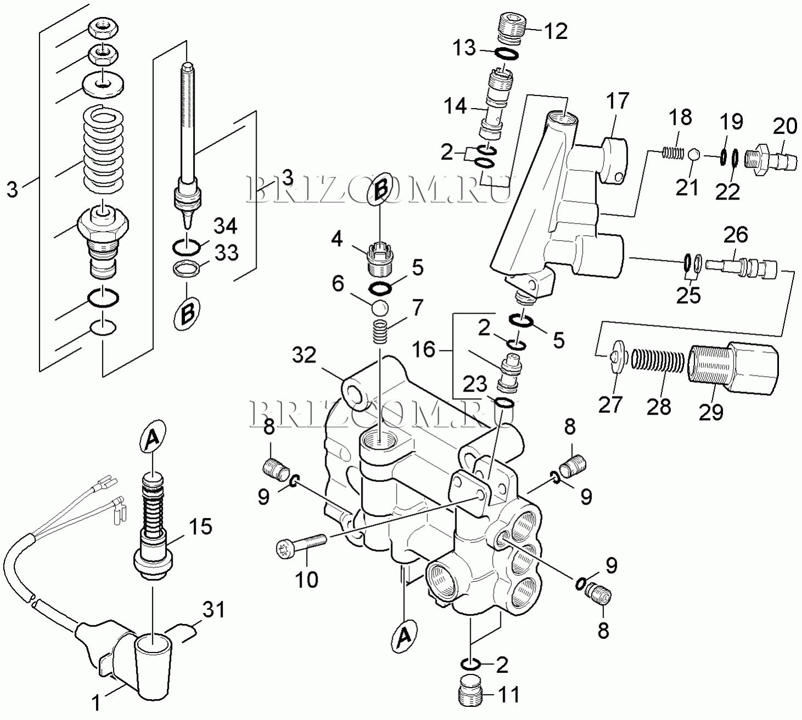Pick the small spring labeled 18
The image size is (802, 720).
tap(673, 153)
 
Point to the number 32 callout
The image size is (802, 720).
tap(304, 355)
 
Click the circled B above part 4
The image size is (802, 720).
tap(380, 188)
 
